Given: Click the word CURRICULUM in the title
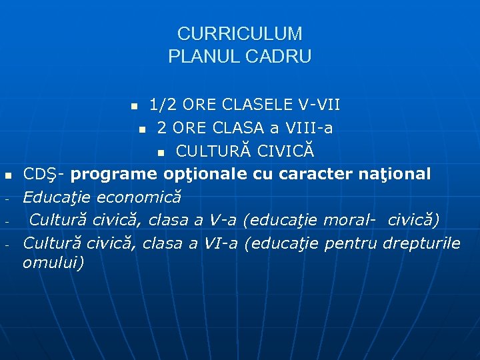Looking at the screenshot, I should coord(239,34).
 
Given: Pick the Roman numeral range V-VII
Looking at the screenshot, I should coord(319,105).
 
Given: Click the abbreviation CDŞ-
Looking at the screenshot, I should coord(44,174).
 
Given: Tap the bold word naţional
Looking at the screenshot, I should coord(393,174).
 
